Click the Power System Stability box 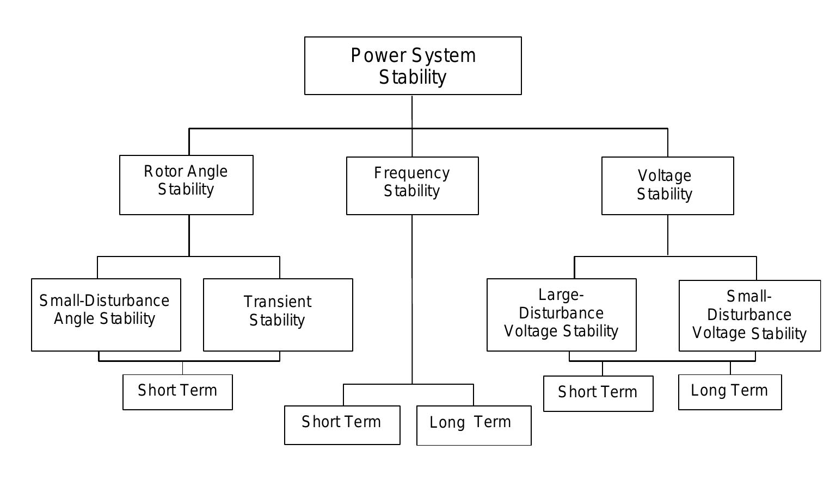413,66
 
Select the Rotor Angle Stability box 186,185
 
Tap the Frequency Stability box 412,186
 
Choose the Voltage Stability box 667,186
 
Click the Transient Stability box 278,315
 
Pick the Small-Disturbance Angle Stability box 106,315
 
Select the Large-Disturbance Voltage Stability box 561,315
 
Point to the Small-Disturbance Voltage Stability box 749,316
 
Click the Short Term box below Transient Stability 177,392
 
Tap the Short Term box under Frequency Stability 342,425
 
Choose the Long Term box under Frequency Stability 474,426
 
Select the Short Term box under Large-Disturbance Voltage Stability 598,393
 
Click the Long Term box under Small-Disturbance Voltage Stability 730,392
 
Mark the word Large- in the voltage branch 561,295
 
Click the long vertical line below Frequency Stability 412,299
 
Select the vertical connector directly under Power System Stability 412,111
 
